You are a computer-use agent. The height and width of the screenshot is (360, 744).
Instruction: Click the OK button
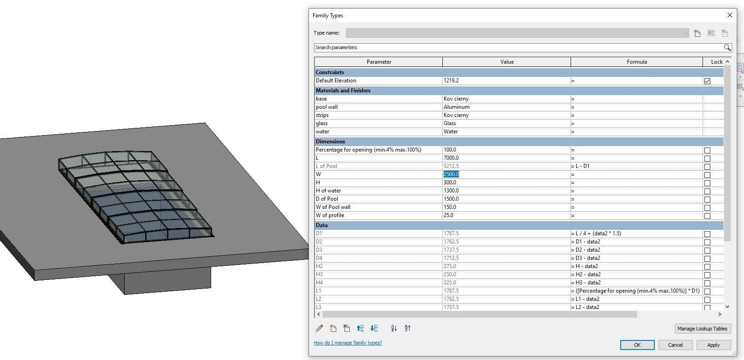click(637, 345)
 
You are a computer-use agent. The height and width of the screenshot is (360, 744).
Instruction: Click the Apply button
click(713, 345)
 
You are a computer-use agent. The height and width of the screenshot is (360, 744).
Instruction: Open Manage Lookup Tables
click(702, 329)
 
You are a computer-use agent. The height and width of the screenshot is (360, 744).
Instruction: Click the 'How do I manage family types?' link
click(348, 343)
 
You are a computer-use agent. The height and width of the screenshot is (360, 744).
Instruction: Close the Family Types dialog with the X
click(730, 15)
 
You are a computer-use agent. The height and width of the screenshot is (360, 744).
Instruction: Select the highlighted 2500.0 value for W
click(451, 174)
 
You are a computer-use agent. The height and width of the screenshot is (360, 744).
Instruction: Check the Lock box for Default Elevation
click(707, 81)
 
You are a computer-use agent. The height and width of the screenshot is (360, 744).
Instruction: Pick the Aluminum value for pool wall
click(457, 107)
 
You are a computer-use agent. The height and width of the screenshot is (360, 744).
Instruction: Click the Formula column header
click(637, 62)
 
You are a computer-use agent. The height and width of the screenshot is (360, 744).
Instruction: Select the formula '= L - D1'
click(581, 166)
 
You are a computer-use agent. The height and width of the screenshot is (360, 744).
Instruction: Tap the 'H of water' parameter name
click(328, 191)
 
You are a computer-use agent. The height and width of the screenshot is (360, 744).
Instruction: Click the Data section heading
click(322, 225)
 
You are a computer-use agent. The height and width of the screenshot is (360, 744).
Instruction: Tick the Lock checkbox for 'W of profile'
click(707, 216)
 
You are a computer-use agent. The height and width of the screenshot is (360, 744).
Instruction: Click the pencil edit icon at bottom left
click(319, 328)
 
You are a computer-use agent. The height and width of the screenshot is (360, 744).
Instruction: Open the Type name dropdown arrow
click(685, 33)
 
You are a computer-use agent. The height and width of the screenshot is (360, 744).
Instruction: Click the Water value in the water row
click(451, 132)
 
